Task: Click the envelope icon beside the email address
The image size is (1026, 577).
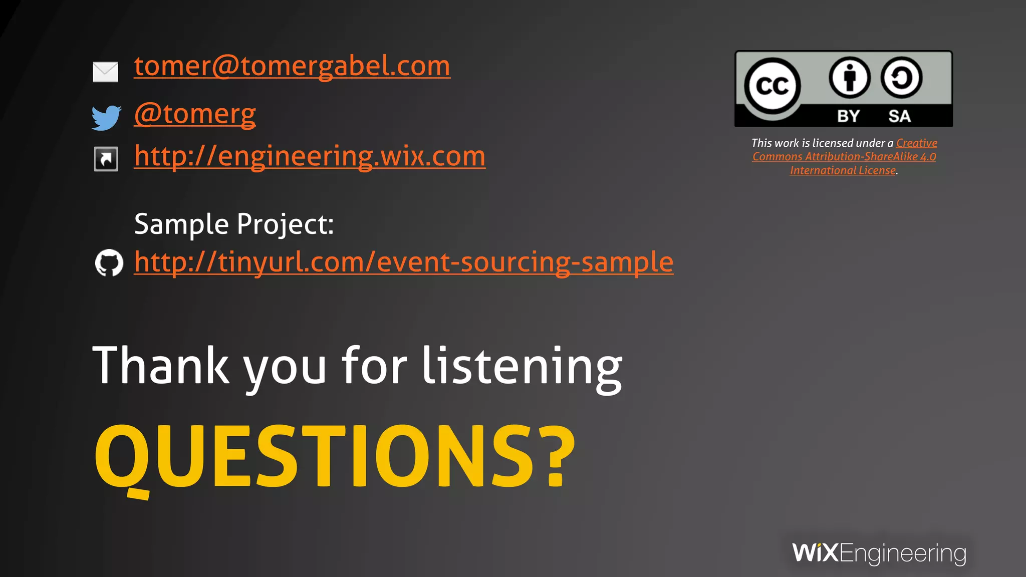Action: pyautogui.click(x=105, y=72)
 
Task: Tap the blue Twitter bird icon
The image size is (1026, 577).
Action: pyautogui.click(x=106, y=117)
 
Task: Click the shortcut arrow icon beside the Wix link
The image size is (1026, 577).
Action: pyautogui.click(x=106, y=159)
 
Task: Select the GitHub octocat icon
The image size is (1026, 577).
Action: pyautogui.click(x=109, y=262)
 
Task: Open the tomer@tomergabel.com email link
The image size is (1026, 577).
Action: pyautogui.click(x=292, y=66)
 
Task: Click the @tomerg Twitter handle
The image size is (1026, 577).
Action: pyautogui.click(x=195, y=114)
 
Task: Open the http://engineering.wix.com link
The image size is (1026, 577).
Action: pyautogui.click(x=310, y=156)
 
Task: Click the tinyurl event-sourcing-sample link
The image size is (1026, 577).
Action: pyautogui.click(x=404, y=262)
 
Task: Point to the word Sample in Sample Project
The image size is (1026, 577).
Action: pyautogui.click(x=181, y=224)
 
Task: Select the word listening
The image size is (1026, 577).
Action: pyautogui.click(x=522, y=366)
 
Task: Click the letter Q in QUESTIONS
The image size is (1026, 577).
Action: pyautogui.click(x=123, y=457)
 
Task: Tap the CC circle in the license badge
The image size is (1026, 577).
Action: pyautogui.click(x=772, y=86)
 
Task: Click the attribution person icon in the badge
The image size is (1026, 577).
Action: pyautogui.click(x=849, y=78)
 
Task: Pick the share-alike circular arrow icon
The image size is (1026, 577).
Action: pyautogui.click(x=901, y=78)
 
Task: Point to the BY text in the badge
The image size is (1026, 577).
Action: pyautogui.click(x=848, y=116)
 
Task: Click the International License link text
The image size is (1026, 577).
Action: pyautogui.click(x=843, y=171)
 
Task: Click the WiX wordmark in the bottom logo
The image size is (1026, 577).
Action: pyautogui.click(x=815, y=553)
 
